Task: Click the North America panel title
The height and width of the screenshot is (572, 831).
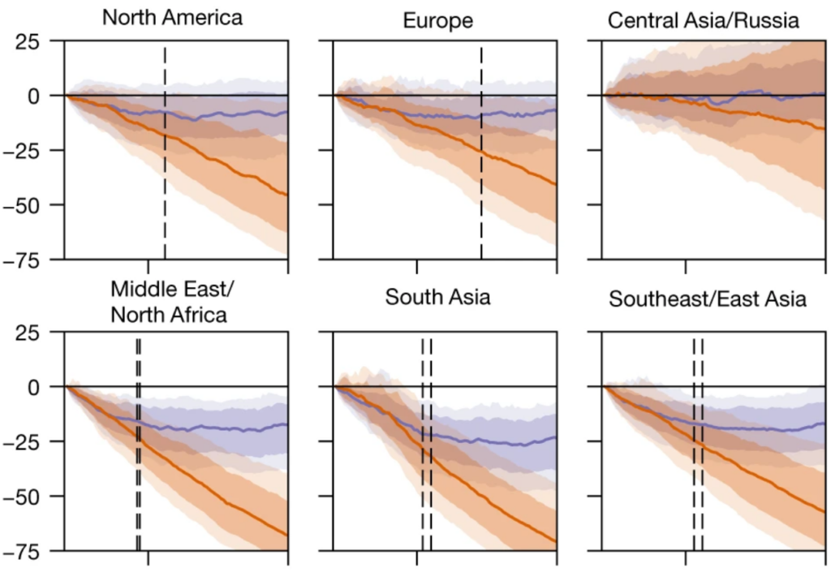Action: pyautogui.click(x=172, y=17)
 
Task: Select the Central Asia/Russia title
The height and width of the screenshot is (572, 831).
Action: pyautogui.click(x=704, y=19)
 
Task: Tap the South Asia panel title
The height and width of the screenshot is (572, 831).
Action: pyautogui.click(x=437, y=297)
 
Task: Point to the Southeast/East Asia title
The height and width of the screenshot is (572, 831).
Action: pyautogui.click(x=708, y=299)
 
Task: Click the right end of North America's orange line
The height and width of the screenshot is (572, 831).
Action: pyautogui.click(x=286, y=195)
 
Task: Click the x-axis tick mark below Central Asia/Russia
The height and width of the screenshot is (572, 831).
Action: pyautogui.click(x=686, y=265)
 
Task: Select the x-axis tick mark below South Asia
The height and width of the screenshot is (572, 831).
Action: pyautogui.click(x=417, y=557)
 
